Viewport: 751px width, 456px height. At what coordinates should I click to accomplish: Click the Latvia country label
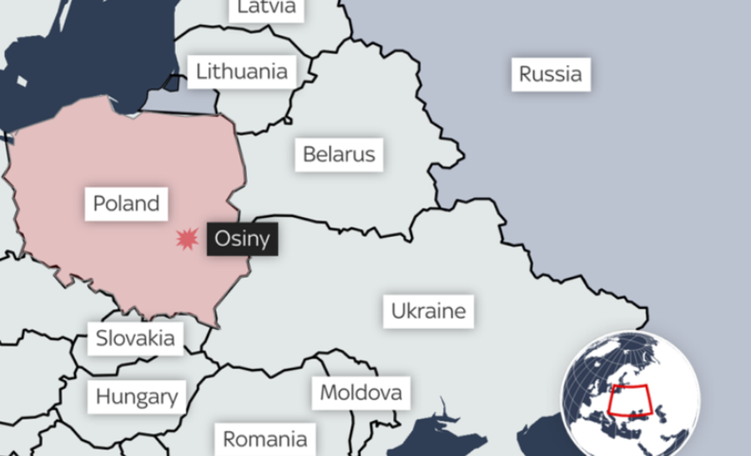pyautogui.click(x=266, y=8)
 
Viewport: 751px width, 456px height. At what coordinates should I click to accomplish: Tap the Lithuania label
pyautogui.click(x=242, y=72)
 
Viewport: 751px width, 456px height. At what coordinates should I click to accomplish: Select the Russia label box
pyautogui.click(x=550, y=74)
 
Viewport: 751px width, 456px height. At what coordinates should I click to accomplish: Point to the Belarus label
pyautogui.click(x=339, y=154)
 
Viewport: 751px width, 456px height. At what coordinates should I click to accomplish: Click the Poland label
pyautogui.click(x=126, y=203)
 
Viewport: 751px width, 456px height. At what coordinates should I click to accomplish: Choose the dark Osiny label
pyautogui.click(x=242, y=238)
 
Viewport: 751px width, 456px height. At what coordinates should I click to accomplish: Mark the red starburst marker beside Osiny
pyautogui.click(x=187, y=239)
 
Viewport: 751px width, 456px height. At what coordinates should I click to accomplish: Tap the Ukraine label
pyautogui.click(x=429, y=312)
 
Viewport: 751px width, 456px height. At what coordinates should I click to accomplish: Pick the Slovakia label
pyautogui.click(x=135, y=338)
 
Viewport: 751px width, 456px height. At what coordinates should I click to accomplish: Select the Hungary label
pyautogui.click(x=137, y=396)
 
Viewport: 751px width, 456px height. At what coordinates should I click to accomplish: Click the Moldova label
pyautogui.click(x=361, y=392)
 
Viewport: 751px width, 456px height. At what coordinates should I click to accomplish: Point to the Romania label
pyautogui.click(x=265, y=438)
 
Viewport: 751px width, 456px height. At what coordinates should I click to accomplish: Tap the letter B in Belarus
pyautogui.click(x=309, y=154)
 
